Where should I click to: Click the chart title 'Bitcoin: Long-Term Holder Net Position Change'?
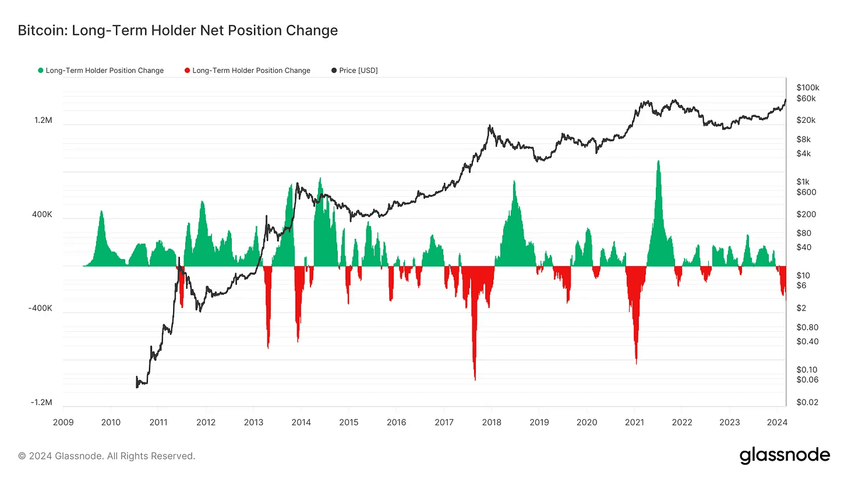coord(178,30)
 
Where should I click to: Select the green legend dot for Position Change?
coord(41,70)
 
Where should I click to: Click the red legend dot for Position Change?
coord(187,70)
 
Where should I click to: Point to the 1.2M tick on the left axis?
coord(43,121)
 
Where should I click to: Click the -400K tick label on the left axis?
coord(40,309)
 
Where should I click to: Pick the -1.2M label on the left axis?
coord(41,403)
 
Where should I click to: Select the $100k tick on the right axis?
coord(808,87)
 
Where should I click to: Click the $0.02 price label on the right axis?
coord(807,403)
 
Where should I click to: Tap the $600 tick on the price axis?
coord(807,192)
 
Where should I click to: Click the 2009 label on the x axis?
coord(63,422)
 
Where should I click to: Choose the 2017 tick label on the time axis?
coord(444,422)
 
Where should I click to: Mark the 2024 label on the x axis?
coord(777,422)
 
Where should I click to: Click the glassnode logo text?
coord(785,455)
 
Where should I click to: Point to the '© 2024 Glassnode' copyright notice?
coord(107,456)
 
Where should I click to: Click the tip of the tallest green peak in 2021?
coord(658,161)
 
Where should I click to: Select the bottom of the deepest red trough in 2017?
coord(475,380)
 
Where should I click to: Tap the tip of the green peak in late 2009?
coord(101,211)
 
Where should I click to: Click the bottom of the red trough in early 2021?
coord(636,363)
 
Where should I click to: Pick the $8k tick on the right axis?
coord(803,139)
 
